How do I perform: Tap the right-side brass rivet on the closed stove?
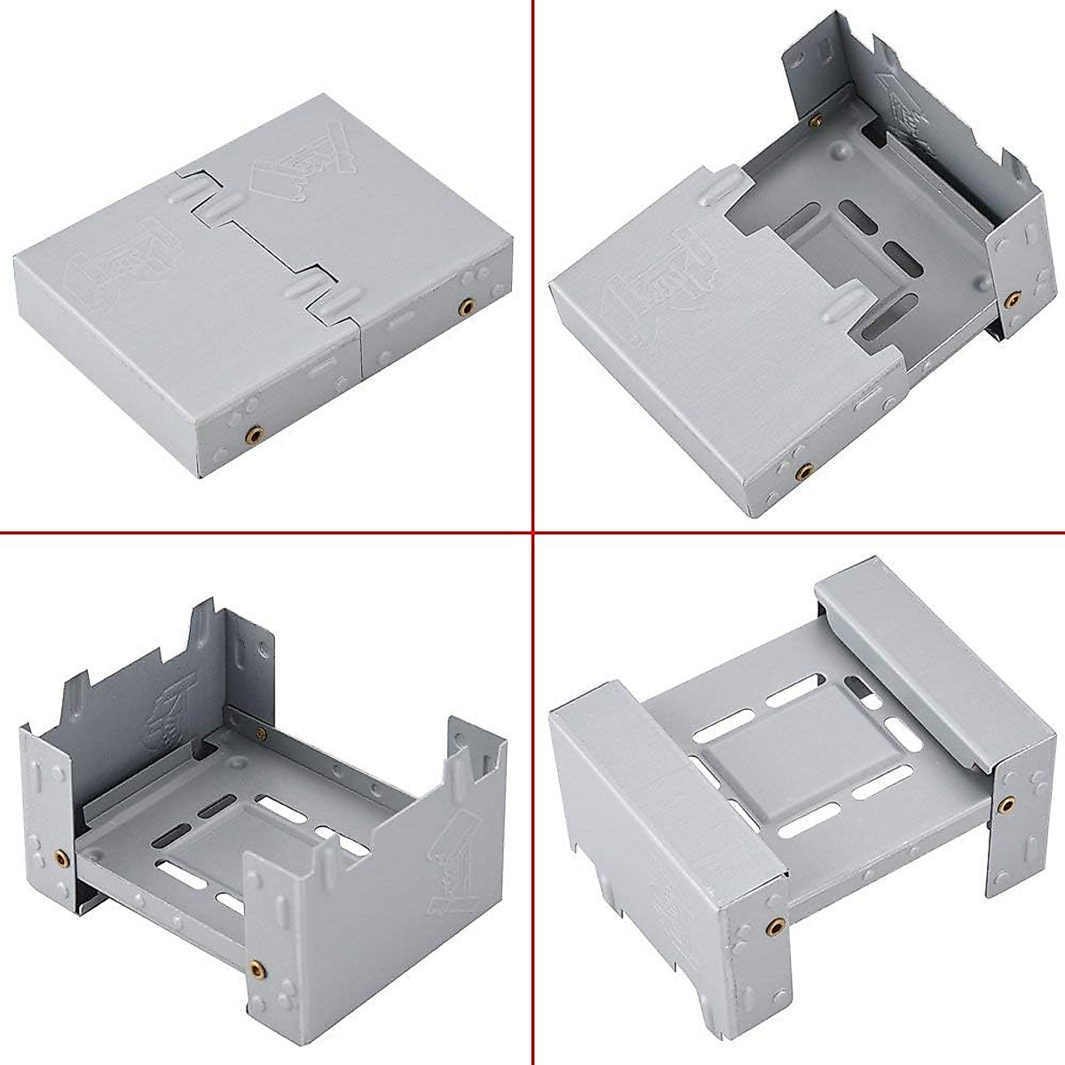pos(464,306)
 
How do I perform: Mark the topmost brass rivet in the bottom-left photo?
pos(259,732)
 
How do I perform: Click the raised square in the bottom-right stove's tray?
pos(773,736)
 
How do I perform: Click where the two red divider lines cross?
pos(532,532)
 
